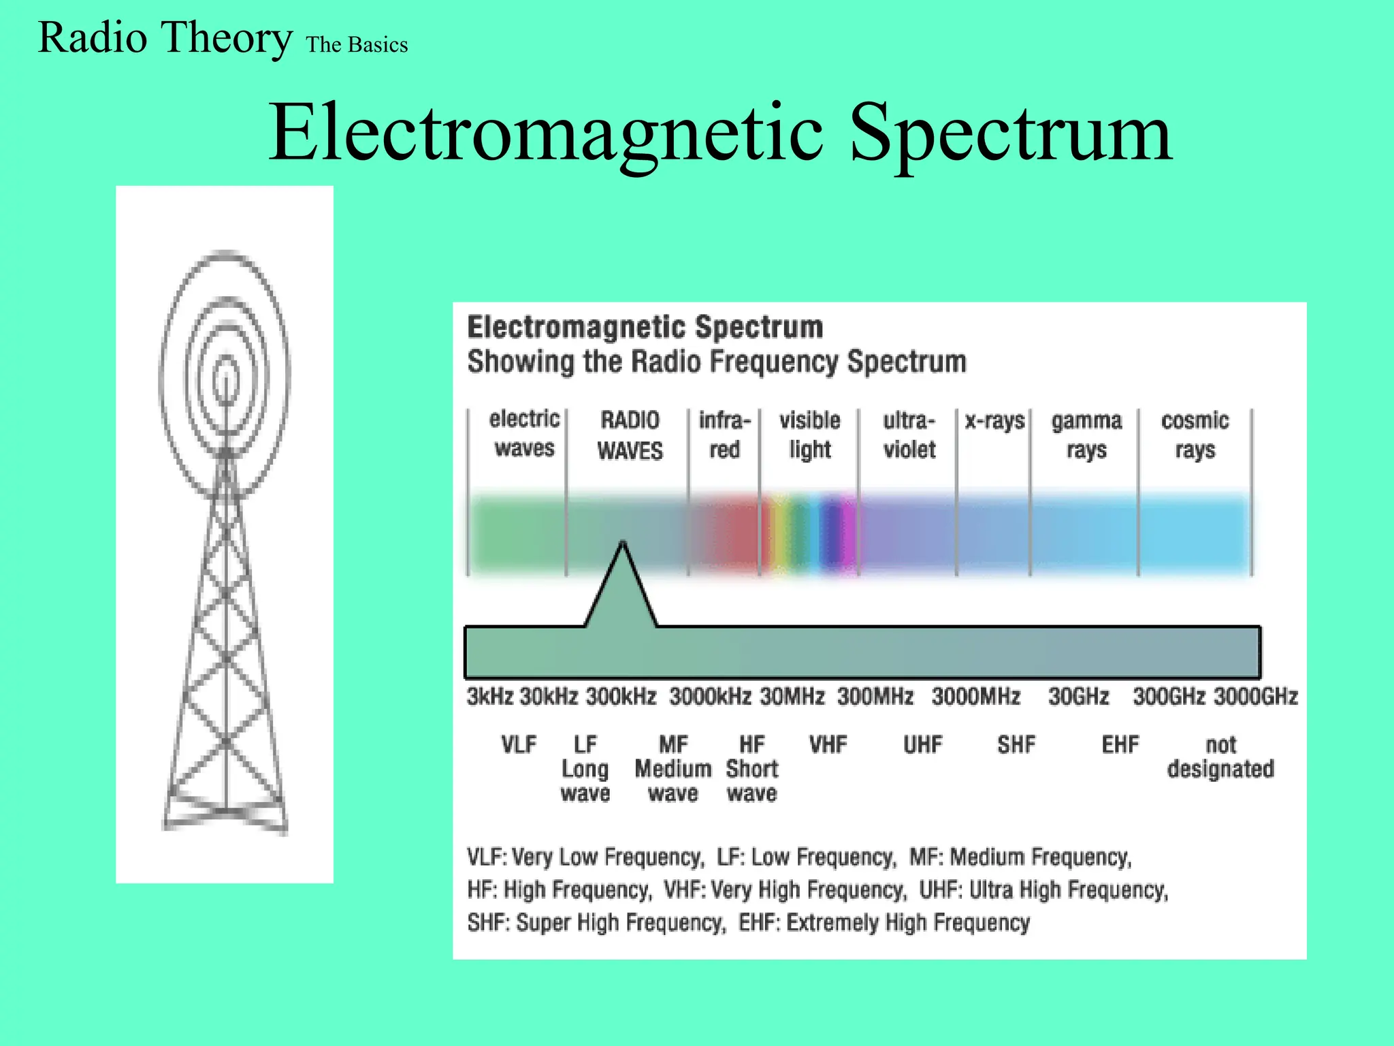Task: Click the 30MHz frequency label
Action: click(792, 697)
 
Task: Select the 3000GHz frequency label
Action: click(1256, 697)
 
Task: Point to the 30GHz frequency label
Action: click(1078, 697)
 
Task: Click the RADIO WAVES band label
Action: click(630, 435)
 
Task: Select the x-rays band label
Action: click(994, 421)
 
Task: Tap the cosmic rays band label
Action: click(1195, 435)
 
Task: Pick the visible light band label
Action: click(809, 435)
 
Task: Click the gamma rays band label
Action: click(1086, 435)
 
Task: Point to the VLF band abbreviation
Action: click(519, 744)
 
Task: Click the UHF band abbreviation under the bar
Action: click(922, 744)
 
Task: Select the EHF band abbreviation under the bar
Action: click(1120, 744)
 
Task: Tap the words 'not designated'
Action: click(1220, 757)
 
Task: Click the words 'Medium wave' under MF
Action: click(673, 781)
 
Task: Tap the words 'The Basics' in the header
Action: click(357, 45)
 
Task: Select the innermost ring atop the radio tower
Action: click(226, 379)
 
